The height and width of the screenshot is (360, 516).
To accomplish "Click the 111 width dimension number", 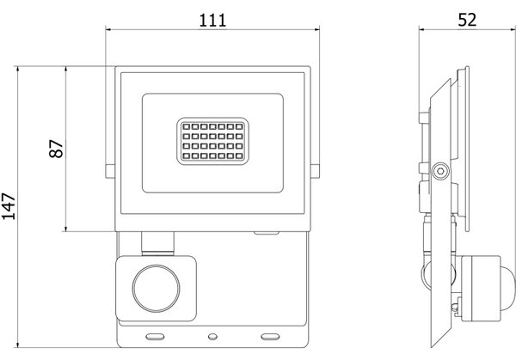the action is (213, 21).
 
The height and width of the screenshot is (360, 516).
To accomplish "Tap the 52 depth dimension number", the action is (467, 20).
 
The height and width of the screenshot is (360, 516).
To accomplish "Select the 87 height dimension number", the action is (56, 149).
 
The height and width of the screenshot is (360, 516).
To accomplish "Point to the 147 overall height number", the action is (9, 206).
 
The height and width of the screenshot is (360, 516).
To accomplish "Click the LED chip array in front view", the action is (212, 141).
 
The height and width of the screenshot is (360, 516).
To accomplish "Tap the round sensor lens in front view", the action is (156, 289).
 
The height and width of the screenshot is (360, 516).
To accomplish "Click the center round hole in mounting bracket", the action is (212, 336).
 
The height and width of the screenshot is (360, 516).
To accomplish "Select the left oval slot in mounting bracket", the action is (155, 337).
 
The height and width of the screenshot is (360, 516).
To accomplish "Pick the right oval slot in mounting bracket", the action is (270, 337).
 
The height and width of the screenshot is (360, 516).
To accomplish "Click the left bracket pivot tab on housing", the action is (110, 171).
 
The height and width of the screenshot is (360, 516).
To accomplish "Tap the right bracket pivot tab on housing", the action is (315, 171).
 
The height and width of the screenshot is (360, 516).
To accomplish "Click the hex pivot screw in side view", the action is (440, 171).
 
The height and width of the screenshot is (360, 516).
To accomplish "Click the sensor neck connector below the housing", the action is (157, 244).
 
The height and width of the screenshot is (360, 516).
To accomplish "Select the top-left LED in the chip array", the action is (187, 126).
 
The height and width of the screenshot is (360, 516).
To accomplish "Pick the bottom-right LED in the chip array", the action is (239, 156).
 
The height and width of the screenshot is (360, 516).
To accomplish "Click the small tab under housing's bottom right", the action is (267, 233).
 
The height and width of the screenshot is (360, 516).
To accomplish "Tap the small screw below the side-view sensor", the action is (456, 307).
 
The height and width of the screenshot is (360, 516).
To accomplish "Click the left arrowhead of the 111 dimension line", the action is (108, 29).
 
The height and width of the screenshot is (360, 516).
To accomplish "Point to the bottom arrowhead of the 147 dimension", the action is (18, 345).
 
